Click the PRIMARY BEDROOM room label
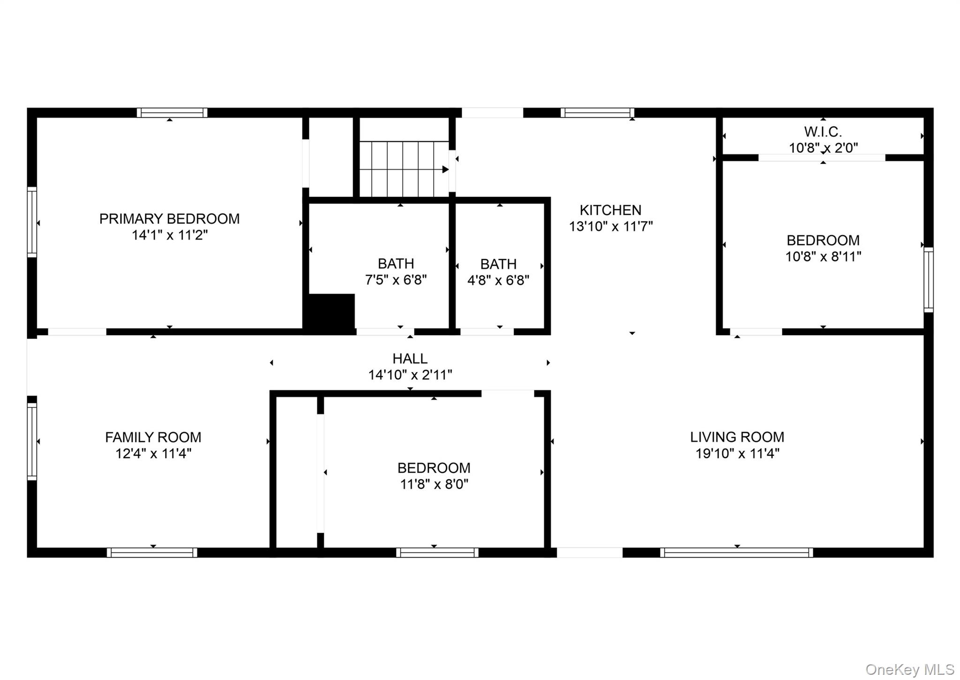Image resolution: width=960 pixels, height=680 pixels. coord(169,219)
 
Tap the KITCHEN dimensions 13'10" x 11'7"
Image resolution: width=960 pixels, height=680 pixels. coord(610,226)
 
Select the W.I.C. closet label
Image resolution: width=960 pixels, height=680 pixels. coord(823,132)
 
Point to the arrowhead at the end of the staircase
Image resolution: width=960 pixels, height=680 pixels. coord(445,170)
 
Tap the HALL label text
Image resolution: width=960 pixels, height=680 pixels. coord(410,359)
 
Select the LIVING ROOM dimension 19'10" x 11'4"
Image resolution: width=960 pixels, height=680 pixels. coord(737,453)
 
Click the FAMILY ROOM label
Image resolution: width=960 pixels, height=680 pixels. coord(153,437)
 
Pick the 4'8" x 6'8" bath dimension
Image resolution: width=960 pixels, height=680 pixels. coord(498,280)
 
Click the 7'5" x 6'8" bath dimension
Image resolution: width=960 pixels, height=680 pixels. coord(396,280)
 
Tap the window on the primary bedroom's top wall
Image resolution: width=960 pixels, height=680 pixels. coord(172,112)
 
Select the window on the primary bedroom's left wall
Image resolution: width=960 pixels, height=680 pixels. coord(32,222)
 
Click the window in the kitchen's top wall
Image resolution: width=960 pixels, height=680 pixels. coord(597,112)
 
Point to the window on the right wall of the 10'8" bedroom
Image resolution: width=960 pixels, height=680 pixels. coord(928,280)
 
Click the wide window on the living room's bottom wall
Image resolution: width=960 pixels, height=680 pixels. coord(736,553)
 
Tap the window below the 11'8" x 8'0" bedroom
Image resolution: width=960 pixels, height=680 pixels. coord(437,553)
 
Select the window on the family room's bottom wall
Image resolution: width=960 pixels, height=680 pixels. coord(152,553)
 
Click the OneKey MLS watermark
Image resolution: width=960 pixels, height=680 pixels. coord(909,669)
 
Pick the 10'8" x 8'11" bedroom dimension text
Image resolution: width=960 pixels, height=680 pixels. coord(823,256)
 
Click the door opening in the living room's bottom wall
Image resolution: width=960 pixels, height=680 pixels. coord(589,553)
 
